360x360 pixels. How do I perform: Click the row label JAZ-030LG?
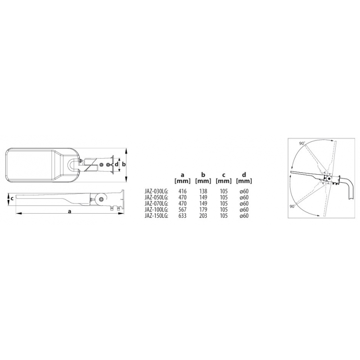[x=156, y=191]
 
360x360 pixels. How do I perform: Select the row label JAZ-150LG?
[x=156, y=216]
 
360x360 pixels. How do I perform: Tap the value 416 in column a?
[x=183, y=191]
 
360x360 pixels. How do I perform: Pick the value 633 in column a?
[x=183, y=216]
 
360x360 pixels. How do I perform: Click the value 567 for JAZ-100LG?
[x=183, y=210]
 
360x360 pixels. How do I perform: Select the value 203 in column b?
[x=203, y=216]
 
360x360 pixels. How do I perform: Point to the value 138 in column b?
[x=203, y=191]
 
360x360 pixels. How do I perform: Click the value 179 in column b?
[x=203, y=210]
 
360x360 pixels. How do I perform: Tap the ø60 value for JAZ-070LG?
[x=244, y=203]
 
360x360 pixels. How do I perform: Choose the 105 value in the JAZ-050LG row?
[x=224, y=198]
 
